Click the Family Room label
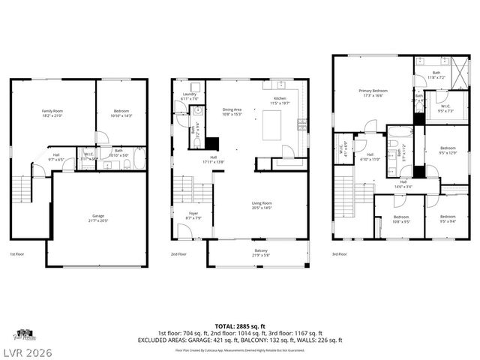pos(52,113)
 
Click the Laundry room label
pos(189,96)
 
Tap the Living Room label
pos(261,205)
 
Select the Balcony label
pos(260,253)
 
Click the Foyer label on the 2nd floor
pos(193,216)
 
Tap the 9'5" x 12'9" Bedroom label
pos(448,150)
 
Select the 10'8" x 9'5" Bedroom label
pos(400,219)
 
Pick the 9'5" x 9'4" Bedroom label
pos(448,219)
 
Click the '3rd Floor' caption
pos(340,253)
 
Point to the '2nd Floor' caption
pos(179,253)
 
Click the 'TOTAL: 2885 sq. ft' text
pos(239,325)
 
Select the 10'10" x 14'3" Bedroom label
pos(121,113)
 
